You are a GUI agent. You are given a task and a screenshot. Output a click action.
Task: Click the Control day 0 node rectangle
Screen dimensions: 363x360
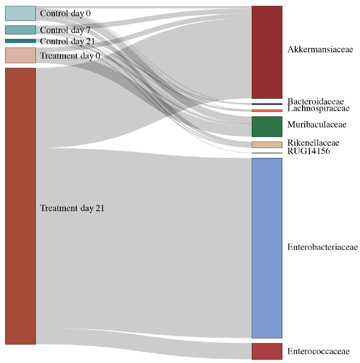20,13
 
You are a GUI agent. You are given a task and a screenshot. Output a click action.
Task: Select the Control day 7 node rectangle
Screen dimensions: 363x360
20,30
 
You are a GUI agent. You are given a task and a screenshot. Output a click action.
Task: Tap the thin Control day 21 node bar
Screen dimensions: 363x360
20,41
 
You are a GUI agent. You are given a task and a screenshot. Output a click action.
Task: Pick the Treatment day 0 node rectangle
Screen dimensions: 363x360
20,55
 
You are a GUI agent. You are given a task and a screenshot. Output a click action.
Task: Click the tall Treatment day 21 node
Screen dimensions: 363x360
20,206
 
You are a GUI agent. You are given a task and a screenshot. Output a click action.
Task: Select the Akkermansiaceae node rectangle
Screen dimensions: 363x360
267,52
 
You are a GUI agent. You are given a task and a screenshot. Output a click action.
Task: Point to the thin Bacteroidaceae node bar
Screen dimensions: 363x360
267,104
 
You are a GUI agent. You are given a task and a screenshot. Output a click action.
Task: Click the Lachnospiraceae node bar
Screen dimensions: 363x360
267,110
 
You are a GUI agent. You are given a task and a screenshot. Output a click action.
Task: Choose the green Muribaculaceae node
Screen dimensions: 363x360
267,127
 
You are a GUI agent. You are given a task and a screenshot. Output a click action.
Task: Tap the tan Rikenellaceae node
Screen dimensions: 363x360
267,145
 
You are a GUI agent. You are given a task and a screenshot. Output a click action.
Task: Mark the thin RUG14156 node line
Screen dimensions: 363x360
267,153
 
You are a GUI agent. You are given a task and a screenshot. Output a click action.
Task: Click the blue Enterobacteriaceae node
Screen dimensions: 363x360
267,248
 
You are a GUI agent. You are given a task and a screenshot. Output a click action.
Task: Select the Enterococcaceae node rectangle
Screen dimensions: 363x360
267,351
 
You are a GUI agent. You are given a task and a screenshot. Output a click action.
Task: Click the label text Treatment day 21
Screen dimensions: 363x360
72,208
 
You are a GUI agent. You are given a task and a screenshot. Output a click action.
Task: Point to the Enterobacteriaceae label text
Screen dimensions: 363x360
323,247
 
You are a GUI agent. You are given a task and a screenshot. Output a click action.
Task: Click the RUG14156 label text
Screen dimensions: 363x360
309,151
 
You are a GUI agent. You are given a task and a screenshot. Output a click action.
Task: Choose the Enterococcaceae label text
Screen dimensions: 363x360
319,351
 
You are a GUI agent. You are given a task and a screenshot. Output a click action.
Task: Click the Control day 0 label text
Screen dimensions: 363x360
65,13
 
